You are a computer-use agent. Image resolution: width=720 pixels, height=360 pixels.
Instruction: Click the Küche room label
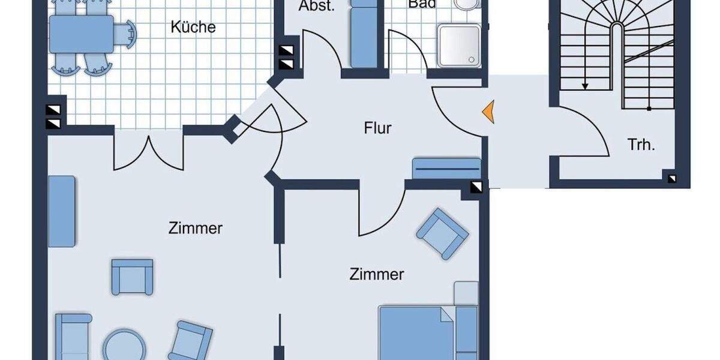click(x=193, y=28)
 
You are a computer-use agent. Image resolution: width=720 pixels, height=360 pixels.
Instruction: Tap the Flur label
click(x=377, y=128)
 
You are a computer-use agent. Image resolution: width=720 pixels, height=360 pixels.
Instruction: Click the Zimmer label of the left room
click(x=196, y=229)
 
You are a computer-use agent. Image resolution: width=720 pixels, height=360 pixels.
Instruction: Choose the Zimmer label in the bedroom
click(x=376, y=275)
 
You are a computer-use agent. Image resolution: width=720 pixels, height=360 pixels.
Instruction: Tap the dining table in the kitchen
click(x=82, y=34)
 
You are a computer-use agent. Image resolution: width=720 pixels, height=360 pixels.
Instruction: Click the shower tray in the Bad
click(x=458, y=46)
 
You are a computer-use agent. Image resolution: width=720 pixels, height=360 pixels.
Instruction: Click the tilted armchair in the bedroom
click(x=443, y=233)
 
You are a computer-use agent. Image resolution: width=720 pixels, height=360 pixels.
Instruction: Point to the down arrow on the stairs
click(x=585, y=86)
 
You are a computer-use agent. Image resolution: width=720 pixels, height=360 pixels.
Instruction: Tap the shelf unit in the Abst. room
click(x=362, y=36)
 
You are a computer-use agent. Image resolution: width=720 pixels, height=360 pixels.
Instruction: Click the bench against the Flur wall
click(x=446, y=168)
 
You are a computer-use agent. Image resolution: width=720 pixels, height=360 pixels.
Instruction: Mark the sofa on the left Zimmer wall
click(x=61, y=211)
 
